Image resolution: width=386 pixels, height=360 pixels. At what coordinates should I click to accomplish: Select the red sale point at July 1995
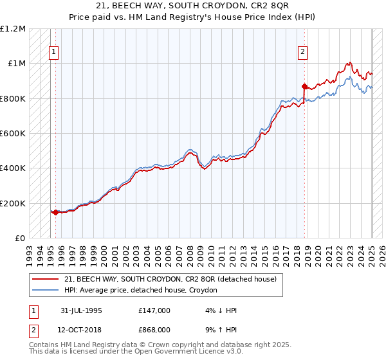56,212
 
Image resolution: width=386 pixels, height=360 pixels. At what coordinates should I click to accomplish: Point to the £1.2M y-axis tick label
13,29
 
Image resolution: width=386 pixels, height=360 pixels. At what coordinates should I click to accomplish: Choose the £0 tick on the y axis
19,239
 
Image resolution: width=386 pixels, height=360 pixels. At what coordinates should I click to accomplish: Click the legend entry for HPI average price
141,291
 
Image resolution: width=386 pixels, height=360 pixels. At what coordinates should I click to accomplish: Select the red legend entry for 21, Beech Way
170,279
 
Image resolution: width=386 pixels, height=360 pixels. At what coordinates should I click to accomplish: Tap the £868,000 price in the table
154,330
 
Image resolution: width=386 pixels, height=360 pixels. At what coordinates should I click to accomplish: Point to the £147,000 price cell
154,310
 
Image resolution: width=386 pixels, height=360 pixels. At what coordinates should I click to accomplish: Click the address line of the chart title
193,6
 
